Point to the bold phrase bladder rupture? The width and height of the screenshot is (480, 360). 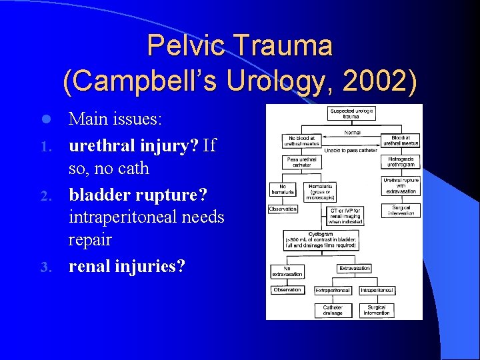[138, 194]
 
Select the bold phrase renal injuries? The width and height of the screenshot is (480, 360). [126, 266]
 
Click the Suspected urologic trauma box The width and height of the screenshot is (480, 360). [351, 113]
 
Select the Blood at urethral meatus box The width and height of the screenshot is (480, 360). [401, 141]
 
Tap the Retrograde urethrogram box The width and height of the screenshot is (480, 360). [401, 163]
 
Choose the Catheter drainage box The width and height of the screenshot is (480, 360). [333, 310]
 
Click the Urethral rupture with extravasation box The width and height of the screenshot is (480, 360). [401, 186]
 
